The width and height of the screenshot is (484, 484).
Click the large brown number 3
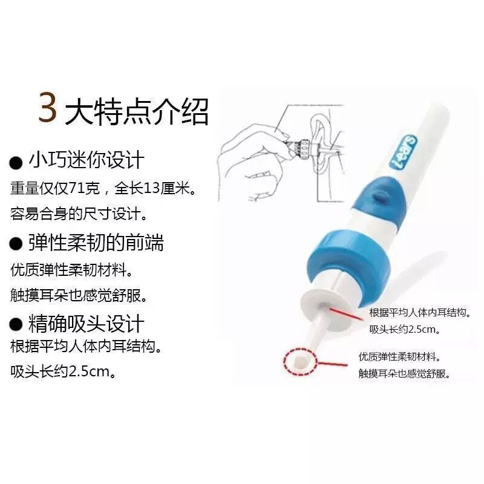click(48, 108)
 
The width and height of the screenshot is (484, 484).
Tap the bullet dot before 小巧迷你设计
click(16, 162)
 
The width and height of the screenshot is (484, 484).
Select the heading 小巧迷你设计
click(87, 160)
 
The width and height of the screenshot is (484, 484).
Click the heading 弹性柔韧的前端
click(96, 243)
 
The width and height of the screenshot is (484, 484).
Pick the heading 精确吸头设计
click(87, 324)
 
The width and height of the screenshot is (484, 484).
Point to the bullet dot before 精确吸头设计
click(16, 325)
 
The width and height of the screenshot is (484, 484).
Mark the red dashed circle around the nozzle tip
click(299, 362)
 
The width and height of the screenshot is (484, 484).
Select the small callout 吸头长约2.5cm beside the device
click(404, 330)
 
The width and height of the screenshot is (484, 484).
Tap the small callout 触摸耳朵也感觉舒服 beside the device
click(404, 374)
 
